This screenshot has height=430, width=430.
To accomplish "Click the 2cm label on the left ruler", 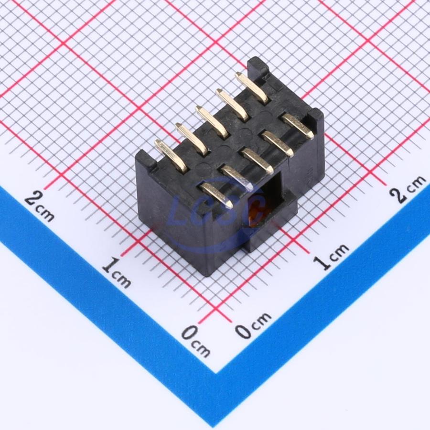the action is [39, 206].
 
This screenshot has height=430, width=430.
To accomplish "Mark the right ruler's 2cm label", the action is [408, 189].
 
